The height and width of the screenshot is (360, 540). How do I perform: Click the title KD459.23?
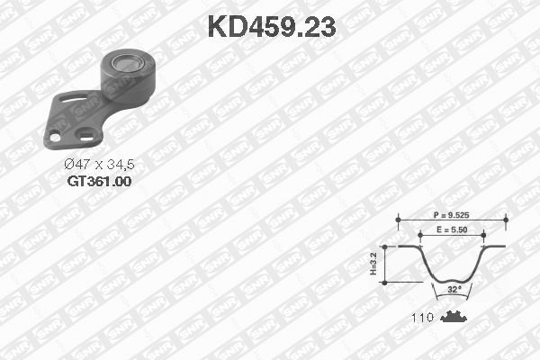click(272, 27)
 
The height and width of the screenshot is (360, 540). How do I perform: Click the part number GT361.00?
click(99, 181)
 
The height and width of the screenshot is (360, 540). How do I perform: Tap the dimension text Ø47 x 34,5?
click(99, 165)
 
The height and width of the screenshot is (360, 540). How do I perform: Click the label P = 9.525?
click(453, 217)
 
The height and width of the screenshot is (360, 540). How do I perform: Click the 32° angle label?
click(454, 290)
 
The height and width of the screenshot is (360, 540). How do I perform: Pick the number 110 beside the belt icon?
click(423, 317)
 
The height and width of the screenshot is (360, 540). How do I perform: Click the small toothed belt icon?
click(453, 317)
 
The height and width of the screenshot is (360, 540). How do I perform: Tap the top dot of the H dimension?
click(385, 245)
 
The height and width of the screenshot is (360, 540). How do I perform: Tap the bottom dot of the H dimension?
click(385, 282)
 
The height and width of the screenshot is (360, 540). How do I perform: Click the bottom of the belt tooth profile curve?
click(454, 280)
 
